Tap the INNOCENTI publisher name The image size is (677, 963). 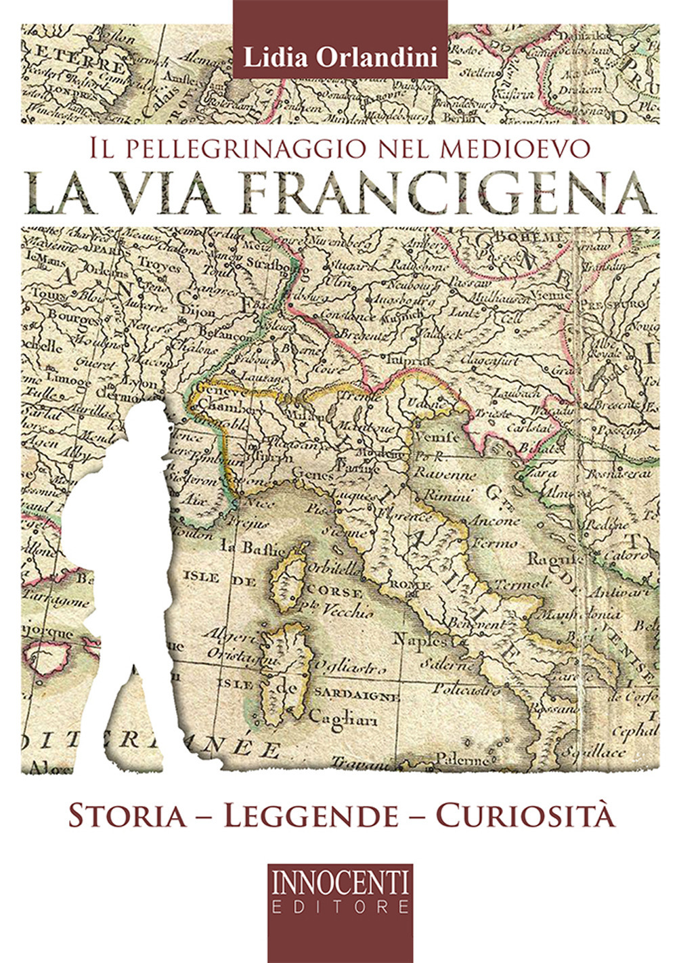point(340,882)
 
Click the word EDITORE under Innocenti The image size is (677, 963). point(340,905)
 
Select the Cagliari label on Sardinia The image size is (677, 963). point(337,716)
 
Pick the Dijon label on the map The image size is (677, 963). point(198,313)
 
